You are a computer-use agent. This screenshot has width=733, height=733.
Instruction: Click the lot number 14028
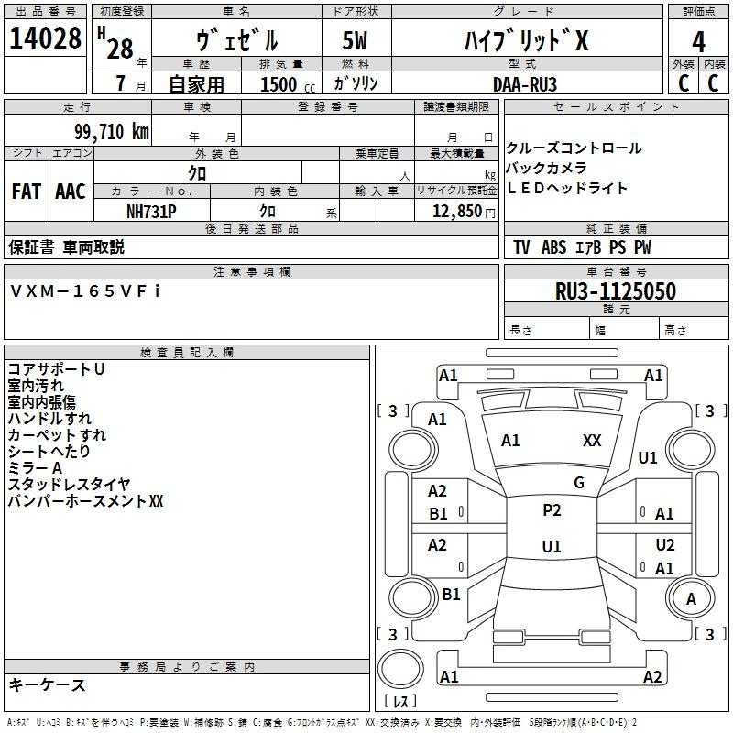tap(45, 38)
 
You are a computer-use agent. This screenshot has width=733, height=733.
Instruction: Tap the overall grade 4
tap(698, 42)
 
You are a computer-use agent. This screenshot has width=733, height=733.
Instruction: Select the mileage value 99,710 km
tap(111, 132)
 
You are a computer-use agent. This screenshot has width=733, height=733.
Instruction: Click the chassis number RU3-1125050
tap(616, 291)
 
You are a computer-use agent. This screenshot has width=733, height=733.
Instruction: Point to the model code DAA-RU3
tap(525, 84)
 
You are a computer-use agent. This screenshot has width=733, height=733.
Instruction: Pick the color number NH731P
tap(151, 212)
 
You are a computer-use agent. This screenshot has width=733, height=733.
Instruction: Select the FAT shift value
tap(27, 191)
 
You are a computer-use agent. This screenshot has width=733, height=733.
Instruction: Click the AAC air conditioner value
tap(71, 191)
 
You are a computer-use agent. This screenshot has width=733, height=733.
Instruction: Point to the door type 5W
tap(355, 40)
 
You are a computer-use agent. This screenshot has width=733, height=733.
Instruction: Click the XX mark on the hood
tap(592, 441)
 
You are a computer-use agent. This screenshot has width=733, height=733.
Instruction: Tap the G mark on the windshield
tap(579, 483)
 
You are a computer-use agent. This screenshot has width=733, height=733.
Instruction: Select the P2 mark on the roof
tap(552, 510)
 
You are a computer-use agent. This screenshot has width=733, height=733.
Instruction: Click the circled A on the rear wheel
tap(691, 599)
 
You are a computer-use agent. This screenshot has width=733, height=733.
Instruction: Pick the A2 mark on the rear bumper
tap(652, 676)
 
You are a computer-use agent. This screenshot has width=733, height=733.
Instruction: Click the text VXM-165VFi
tap(85, 291)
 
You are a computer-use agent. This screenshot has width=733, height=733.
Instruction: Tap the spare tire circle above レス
tap(400, 669)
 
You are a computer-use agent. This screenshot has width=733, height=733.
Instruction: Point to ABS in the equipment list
tap(553, 247)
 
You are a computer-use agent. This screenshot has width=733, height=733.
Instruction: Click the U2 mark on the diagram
tap(665, 545)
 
